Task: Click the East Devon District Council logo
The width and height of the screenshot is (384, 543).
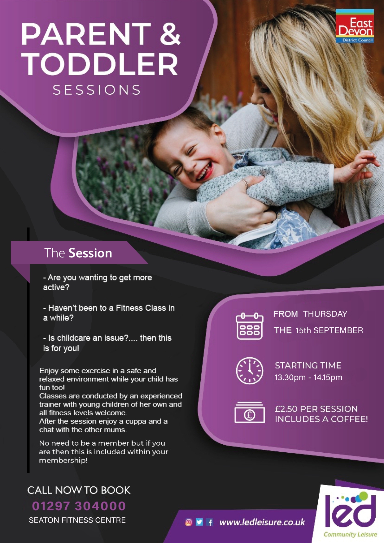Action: tap(355, 26)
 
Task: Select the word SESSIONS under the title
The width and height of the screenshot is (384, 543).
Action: tap(97, 90)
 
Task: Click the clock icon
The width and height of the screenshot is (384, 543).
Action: tap(250, 371)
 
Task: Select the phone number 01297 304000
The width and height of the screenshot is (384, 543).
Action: tap(79, 506)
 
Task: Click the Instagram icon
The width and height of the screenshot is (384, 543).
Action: tap(189, 522)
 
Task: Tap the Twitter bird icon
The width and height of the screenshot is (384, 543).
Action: tap(199, 522)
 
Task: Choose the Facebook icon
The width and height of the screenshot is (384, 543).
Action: tap(210, 522)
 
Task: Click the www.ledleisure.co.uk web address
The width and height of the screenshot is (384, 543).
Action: tap(262, 522)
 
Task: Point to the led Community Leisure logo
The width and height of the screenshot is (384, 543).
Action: tap(350, 514)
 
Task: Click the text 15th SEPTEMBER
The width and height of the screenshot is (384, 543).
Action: tap(329, 330)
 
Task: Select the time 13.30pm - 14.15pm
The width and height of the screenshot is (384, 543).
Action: tap(308, 377)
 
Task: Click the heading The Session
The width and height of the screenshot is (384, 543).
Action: tap(78, 253)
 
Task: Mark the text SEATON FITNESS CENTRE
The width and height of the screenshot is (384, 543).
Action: tap(77, 520)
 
